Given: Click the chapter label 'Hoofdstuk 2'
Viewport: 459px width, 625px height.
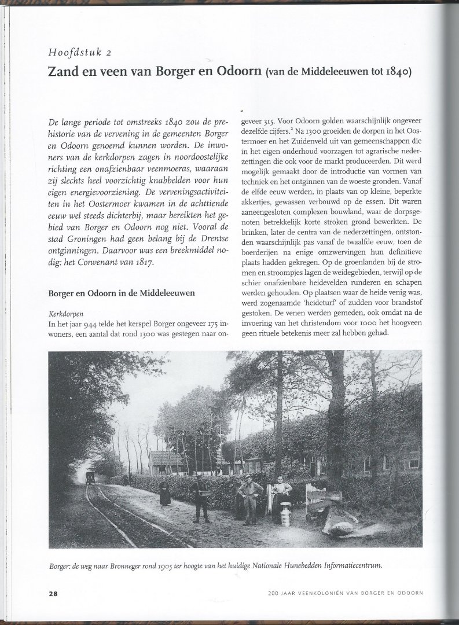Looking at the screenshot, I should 80,53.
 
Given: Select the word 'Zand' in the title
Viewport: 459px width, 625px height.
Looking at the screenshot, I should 65,72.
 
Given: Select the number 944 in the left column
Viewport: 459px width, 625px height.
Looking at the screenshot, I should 91,323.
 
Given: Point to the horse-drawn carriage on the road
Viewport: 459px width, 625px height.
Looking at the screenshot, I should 91,477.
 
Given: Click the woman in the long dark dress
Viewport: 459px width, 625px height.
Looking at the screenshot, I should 165,492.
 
